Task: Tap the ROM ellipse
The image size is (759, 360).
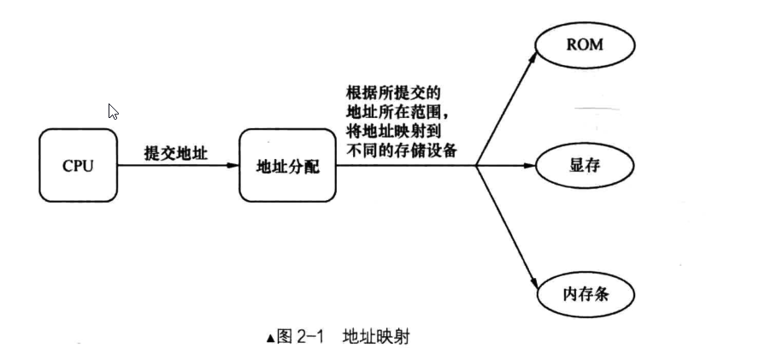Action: coord(585,44)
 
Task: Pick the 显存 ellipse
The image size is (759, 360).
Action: coord(585,165)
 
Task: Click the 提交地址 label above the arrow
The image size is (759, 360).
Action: coord(177,152)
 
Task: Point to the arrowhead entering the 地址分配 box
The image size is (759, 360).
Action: coord(233,165)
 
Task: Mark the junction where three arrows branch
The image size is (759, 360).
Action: coord(475,165)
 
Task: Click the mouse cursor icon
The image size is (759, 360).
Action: coord(113,111)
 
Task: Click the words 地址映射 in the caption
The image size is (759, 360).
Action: coord(375,336)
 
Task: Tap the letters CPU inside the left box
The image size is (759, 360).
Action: coord(78,166)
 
